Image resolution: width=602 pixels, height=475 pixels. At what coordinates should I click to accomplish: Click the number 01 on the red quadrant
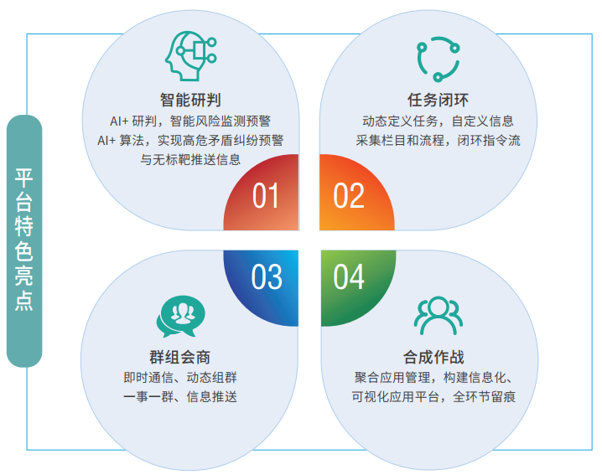click(266, 195)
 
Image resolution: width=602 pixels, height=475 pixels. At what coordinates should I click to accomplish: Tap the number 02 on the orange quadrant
click(349, 195)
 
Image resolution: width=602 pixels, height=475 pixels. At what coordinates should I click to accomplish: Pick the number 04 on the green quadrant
click(349, 276)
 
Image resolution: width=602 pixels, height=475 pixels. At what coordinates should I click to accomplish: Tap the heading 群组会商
click(180, 357)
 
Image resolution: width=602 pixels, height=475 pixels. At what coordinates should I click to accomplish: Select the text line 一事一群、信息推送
click(180, 396)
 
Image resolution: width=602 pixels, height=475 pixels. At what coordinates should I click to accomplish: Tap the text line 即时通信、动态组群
click(180, 377)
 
